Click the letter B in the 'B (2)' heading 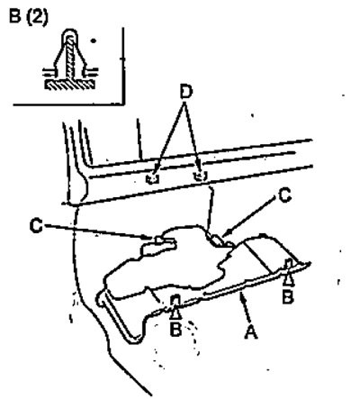pos(15,16)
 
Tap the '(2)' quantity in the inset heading pos(37,17)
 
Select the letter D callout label pos(186,93)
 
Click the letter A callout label pos(251,331)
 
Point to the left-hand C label pos(36,226)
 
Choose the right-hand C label pos(284,195)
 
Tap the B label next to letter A pos(287,297)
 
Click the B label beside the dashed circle pos(175,329)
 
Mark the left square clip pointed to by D pos(153,178)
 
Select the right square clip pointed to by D pos(200,176)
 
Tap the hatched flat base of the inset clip pos(70,85)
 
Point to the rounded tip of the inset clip pos(70,32)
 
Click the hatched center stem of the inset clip pos(69,57)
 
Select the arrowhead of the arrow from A pos(242,298)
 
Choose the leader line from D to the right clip pos(193,137)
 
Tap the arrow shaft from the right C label pos(251,216)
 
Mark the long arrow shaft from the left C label pos(99,231)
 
